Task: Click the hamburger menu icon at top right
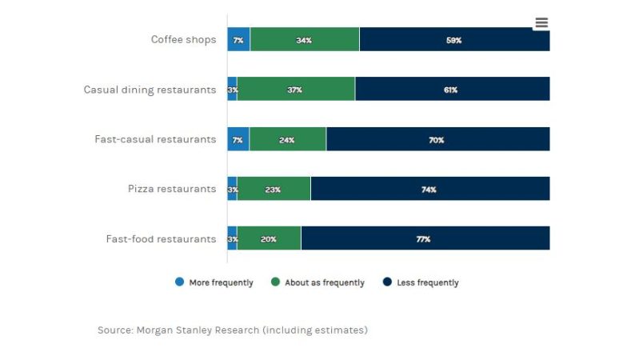tap(541, 22)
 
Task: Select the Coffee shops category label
tap(183, 40)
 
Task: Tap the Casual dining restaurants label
tap(150, 90)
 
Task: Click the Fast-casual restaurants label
tap(155, 139)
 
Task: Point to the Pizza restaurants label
tap(172, 189)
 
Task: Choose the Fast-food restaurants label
tap(161, 238)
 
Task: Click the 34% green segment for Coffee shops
tap(304, 40)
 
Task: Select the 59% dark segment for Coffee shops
tap(454, 40)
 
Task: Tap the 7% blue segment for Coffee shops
tap(238, 40)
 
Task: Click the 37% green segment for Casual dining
tap(295, 90)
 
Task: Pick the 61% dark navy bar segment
tap(451, 90)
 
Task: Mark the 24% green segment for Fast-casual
tap(287, 139)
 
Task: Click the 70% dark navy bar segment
tap(437, 139)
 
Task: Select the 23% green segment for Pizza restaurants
tap(274, 189)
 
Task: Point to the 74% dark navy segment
tap(429, 189)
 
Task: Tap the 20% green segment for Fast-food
tap(269, 238)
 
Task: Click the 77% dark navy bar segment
tap(424, 238)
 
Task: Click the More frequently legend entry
tap(214, 282)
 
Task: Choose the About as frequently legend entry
tap(318, 282)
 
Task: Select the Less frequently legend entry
tap(421, 282)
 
